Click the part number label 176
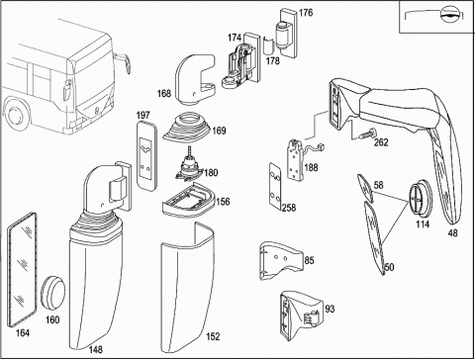(x=306, y=13)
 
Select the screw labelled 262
(x=367, y=134)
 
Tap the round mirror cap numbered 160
(x=52, y=293)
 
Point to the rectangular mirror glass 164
(x=22, y=269)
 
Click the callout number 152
(x=213, y=336)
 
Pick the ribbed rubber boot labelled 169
(x=186, y=129)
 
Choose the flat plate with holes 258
(x=275, y=185)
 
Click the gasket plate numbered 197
(x=146, y=155)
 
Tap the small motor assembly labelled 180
(x=189, y=167)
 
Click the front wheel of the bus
(x=16, y=116)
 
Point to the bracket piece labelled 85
(x=281, y=260)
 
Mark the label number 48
(x=453, y=232)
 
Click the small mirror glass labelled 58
(x=365, y=188)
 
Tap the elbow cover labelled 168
(x=195, y=80)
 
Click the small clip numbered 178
(x=268, y=45)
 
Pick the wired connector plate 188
(x=300, y=159)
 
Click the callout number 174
(x=235, y=38)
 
